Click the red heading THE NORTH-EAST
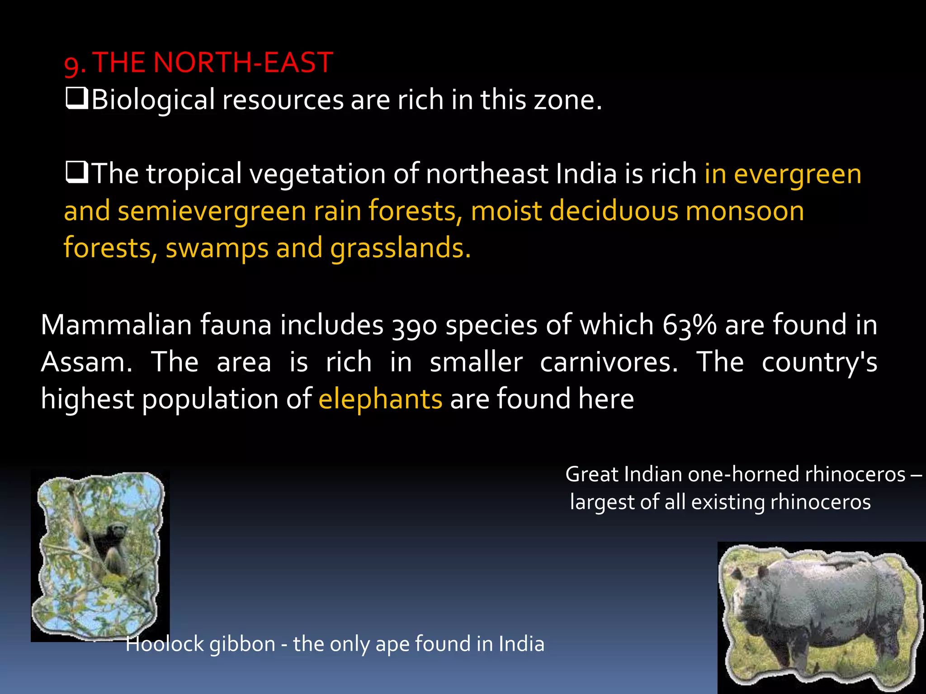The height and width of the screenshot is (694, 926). (x=213, y=62)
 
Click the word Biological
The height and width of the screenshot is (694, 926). (x=153, y=100)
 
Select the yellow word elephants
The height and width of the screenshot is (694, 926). (x=380, y=399)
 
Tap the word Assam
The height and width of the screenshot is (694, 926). (x=86, y=362)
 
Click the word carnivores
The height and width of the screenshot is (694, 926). (x=609, y=362)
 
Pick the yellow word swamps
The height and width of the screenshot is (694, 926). (x=217, y=248)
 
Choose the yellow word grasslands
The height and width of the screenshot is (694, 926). (x=401, y=248)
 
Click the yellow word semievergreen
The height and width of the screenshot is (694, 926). (x=212, y=211)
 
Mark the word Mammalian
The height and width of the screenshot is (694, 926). (x=116, y=325)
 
